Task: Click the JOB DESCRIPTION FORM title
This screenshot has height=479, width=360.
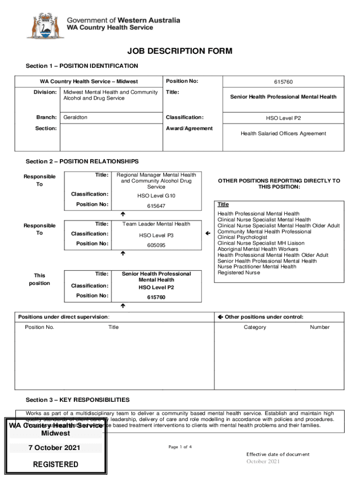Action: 180,51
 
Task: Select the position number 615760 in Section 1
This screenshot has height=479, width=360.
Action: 283,82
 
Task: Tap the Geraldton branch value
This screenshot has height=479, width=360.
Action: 75,117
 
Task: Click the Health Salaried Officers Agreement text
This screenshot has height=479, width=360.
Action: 283,134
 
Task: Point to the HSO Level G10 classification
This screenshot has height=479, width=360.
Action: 156,196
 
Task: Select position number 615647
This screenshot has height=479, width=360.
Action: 156,206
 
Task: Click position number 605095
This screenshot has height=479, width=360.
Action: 156,245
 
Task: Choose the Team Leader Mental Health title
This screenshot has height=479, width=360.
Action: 156,224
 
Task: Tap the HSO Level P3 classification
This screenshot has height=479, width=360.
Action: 156,235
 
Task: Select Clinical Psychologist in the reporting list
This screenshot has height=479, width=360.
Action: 243,237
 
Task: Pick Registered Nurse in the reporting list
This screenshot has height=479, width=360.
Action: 239,273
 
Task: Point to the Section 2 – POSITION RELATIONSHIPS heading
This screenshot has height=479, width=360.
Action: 82,161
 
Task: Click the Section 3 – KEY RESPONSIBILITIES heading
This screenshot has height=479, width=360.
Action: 78,400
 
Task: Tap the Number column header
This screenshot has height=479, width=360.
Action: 319,327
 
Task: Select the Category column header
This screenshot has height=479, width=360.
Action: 255,327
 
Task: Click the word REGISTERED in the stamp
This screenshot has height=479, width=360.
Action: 56,464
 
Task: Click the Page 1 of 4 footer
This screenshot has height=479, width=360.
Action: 180,447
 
